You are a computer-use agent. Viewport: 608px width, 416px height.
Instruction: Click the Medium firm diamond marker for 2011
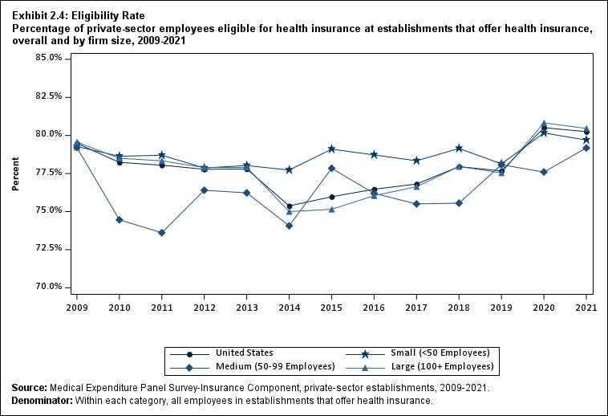click(x=162, y=233)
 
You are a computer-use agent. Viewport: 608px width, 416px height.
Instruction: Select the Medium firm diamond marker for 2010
click(x=120, y=219)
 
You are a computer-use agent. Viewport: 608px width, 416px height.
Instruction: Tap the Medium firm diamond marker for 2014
click(x=289, y=226)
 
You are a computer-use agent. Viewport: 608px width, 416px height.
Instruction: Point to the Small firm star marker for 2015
click(x=331, y=149)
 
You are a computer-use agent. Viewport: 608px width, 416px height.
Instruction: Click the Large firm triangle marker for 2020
click(x=544, y=123)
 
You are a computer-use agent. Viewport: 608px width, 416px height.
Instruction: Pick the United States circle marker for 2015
click(x=331, y=197)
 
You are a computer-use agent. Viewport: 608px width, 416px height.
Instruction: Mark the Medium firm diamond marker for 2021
click(x=586, y=148)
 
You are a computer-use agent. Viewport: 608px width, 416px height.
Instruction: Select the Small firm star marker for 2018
click(x=459, y=148)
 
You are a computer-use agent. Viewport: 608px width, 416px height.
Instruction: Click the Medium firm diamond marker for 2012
click(x=205, y=190)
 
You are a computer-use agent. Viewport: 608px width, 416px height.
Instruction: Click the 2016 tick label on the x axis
click(x=374, y=308)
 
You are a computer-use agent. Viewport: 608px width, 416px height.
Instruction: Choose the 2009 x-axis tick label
click(x=77, y=308)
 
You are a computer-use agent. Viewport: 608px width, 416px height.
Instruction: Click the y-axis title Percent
click(x=16, y=173)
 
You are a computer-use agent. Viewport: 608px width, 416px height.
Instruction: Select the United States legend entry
click(x=244, y=353)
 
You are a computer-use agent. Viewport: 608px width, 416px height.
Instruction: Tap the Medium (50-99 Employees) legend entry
click(x=274, y=367)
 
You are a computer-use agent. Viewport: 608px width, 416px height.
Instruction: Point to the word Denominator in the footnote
click(x=43, y=401)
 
